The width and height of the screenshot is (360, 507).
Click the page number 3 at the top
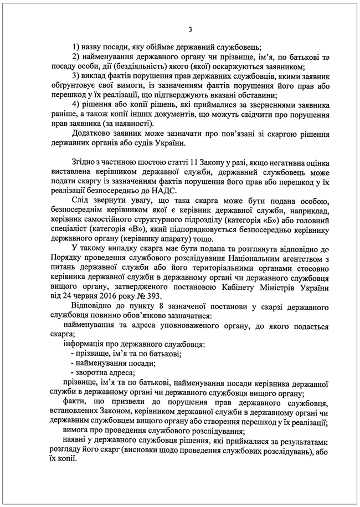click(x=190, y=30)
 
